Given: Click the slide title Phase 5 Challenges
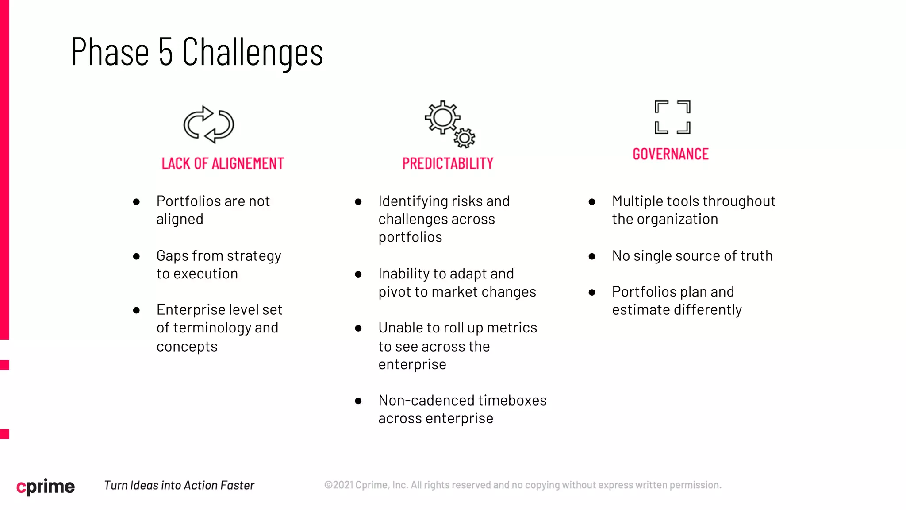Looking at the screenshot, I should tap(197, 52).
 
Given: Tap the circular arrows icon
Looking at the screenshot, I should tap(209, 124).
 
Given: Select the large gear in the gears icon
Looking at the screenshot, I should tap(442, 117).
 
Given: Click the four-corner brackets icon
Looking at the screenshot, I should tap(672, 117).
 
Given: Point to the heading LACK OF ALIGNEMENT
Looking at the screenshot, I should tap(223, 163).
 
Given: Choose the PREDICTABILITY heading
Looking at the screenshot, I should tap(448, 163).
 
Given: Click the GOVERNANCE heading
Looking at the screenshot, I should tap(671, 154).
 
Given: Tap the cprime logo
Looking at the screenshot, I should tap(46, 486).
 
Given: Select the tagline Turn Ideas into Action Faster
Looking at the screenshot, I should tap(179, 485).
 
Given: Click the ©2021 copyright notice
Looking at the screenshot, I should tap(522, 485).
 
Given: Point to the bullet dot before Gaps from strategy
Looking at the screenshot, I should tap(137, 256).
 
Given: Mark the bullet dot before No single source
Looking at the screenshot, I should tap(592, 256).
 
